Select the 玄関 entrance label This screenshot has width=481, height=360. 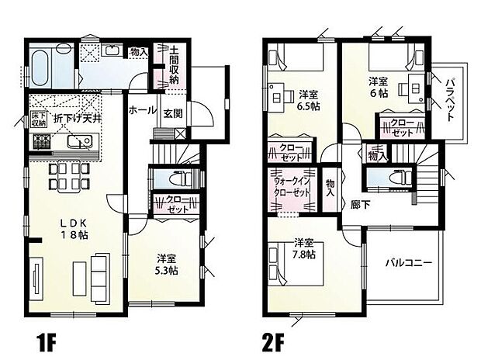coord(172,113)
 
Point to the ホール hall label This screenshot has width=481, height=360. coord(142,109)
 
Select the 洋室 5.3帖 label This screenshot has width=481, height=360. coord(165,265)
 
